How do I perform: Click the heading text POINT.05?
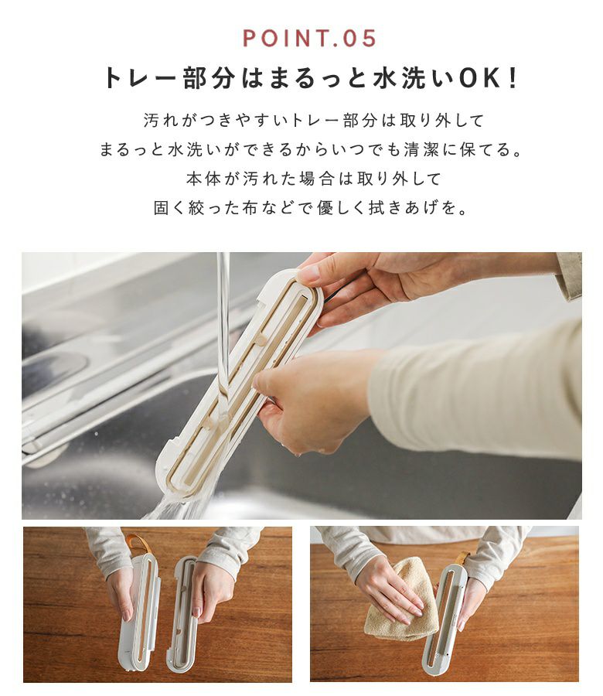309,38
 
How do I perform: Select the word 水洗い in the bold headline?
412,78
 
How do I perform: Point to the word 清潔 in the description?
421,149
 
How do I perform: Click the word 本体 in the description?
203,179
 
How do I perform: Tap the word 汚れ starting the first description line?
161,121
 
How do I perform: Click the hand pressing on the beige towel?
390,589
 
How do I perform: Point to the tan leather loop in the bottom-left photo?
137,544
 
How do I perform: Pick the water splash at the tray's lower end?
173,506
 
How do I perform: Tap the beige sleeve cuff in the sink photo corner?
569,275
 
